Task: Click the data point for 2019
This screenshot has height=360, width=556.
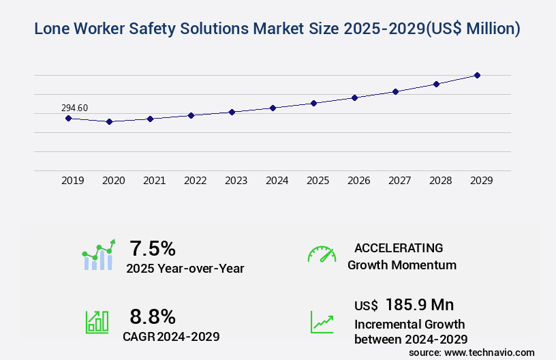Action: point(68,118)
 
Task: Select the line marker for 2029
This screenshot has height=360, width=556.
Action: point(477,75)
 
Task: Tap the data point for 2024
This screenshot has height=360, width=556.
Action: point(273,108)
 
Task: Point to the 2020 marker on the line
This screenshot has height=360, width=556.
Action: point(109,121)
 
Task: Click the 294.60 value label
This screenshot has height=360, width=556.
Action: point(74,108)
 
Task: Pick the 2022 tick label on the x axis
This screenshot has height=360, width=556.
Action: point(195,181)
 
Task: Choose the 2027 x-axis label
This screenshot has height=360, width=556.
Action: point(399,181)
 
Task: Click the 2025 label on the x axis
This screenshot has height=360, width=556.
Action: point(318,181)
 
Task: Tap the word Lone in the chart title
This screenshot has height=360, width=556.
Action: point(52,29)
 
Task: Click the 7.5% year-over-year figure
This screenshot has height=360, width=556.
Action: point(153,248)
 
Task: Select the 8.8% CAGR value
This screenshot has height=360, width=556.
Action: point(153,316)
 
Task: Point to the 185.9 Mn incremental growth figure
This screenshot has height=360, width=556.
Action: point(420,304)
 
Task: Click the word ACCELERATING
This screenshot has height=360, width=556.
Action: point(399,247)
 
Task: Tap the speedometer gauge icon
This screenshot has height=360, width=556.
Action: point(322,254)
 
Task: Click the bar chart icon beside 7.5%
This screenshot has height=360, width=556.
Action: point(99,255)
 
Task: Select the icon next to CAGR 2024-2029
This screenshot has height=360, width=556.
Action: point(97,322)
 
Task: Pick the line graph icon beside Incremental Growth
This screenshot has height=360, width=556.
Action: point(322,322)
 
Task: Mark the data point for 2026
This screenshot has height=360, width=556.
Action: point(354,97)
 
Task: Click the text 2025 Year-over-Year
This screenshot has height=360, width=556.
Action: point(185,269)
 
